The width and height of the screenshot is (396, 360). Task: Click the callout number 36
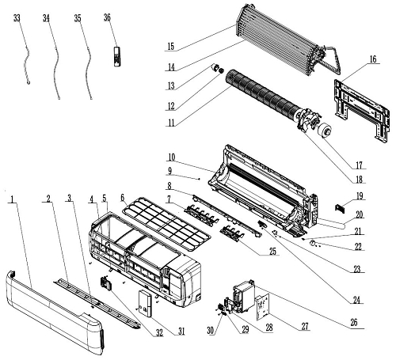(107, 17)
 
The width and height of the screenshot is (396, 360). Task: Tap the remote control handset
(117, 56)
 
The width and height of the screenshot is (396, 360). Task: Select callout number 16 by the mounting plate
(373, 59)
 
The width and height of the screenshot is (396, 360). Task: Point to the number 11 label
(171, 123)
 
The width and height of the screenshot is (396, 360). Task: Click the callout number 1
(11, 199)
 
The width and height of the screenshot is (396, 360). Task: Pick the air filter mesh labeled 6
(167, 223)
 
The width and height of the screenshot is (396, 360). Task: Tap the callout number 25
(272, 252)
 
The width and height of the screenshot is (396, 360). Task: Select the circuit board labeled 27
(262, 307)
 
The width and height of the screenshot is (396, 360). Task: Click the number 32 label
(159, 333)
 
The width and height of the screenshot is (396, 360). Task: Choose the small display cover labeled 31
(145, 303)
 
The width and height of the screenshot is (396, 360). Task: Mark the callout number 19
(360, 196)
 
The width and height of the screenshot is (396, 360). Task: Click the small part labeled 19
(339, 208)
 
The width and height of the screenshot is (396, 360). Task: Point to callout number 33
(17, 18)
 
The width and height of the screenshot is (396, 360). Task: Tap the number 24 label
(356, 300)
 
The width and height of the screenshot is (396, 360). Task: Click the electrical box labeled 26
(244, 296)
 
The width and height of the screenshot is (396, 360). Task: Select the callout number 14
(171, 67)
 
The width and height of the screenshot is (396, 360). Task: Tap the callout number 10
(171, 157)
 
